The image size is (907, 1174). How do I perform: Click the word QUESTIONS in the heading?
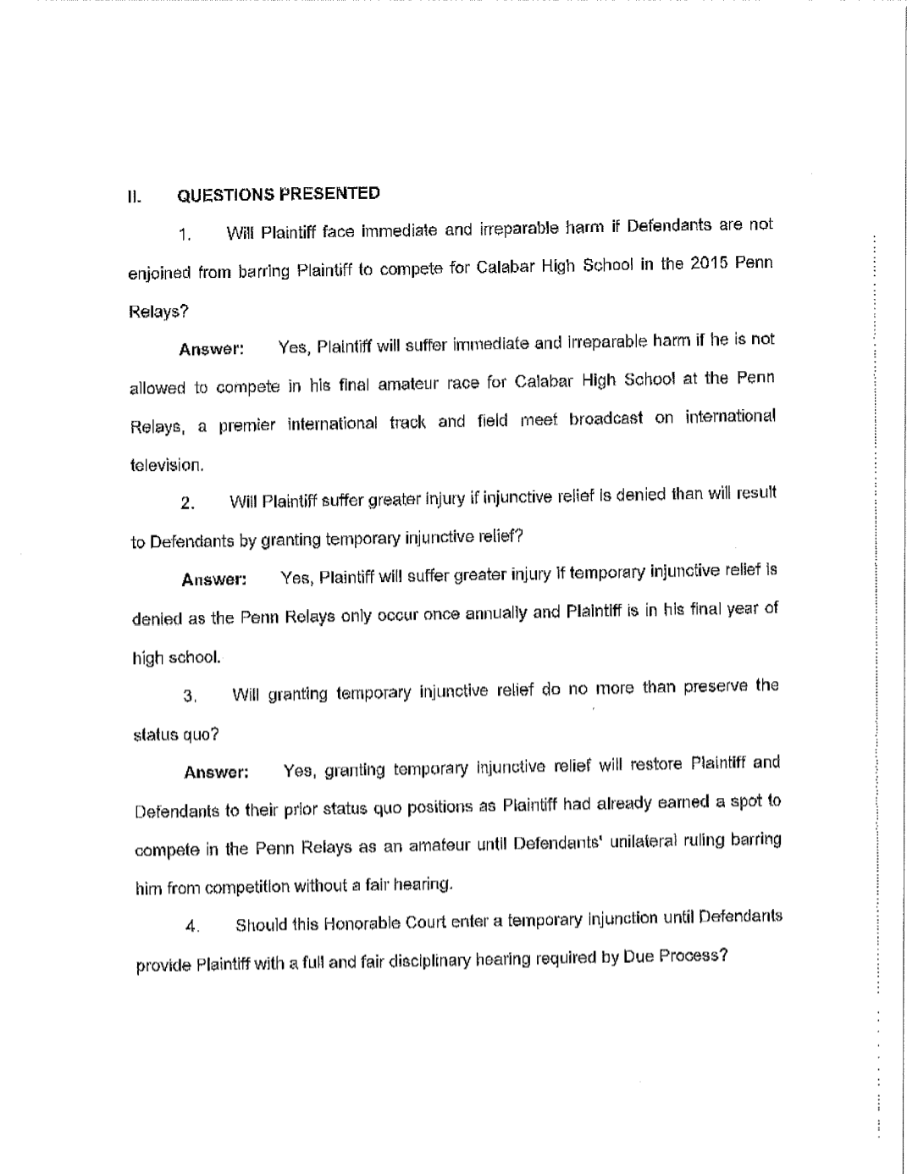(225, 195)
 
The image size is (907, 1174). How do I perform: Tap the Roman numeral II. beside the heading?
(133, 197)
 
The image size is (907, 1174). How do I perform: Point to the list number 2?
(188, 504)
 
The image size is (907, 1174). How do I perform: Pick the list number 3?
(190, 696)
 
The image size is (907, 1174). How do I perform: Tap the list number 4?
(191, 926)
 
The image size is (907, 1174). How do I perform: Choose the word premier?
(246, 424)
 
